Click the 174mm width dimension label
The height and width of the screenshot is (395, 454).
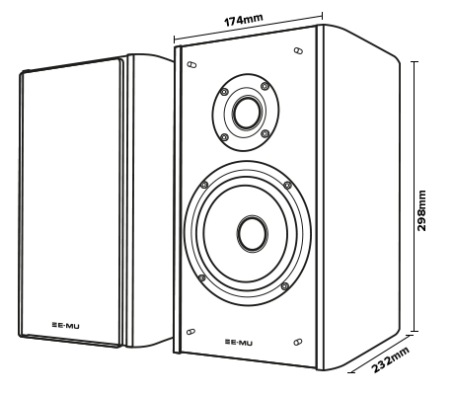[x=244, y=20]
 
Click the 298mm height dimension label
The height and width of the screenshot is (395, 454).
[x=421, y=210]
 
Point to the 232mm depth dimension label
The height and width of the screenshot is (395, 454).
[x=391, y=359]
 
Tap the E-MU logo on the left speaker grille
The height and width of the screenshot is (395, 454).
[x=65, y=326]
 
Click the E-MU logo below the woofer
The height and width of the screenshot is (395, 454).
[x=239, y=343]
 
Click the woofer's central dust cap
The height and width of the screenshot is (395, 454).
[x=253, y=234]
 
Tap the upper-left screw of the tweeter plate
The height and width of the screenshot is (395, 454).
[x=224, y=92]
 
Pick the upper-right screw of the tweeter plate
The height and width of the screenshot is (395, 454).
[x=265, y=86]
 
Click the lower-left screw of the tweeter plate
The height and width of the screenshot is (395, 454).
[x=224, y=137]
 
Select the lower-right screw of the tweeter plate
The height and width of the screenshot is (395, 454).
[x=265, y=133]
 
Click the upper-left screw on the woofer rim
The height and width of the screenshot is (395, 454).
[x=204, y=185]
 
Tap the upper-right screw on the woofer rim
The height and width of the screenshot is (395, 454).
[x=288, y=185]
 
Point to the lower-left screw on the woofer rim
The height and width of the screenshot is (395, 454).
[x=202, y=277]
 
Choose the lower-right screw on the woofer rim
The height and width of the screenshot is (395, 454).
[x=285, y=286]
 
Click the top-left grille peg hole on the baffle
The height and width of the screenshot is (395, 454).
[x=191, y=64]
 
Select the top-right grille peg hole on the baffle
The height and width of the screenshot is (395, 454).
[x=298, y=50]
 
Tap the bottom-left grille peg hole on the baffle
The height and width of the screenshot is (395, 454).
[x=190, y=332]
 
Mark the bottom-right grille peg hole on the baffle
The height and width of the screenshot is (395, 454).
[x=298, y=342]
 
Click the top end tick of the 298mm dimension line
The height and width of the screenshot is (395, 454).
[x=415, y=61]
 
